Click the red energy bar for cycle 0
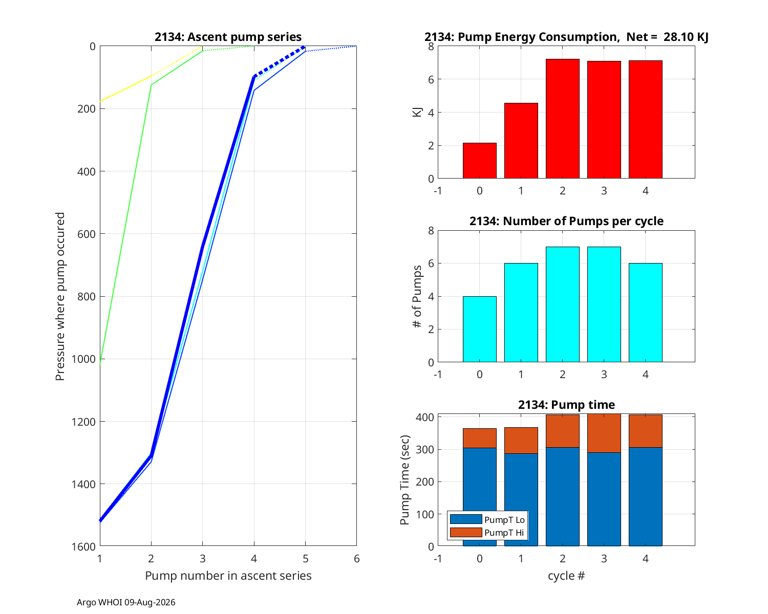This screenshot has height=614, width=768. pyautogui.click(x=479, y=161)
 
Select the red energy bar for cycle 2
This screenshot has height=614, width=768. pyautogui.click(x=562, y=119)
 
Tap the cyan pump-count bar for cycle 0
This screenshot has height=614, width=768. pyautogui.click(x=479, y=329)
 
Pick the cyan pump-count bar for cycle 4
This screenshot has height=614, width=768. pyautogui.click(x=645, y=313)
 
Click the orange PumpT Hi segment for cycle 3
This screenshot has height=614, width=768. pyautogui.click(x=604, y=433)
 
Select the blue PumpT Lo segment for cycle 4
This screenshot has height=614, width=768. pyautogui.click(x=645, y=496)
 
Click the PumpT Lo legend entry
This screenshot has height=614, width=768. pyautogui.click(x=487, y=519)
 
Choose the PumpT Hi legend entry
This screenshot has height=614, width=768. pyautogui.click(x=487, y=532)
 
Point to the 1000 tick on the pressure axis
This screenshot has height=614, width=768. pyautogui.click(x=83, y=359)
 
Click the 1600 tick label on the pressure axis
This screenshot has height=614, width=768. pyautogui.click(x=83, y=546)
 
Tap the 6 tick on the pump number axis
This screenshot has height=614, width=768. pyautogui.click(x=356, y=558)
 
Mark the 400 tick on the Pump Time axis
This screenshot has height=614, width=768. pyautogui.click(x=424, y=417)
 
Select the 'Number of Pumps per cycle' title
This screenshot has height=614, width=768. pyautogui.click(x=566, y=221)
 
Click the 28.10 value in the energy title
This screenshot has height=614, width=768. pyautogui.click(x=677, y=37)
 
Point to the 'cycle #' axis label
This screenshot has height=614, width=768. pyautogui.click(x=566, y=576)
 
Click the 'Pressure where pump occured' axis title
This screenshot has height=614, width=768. pyautogui.click(x=60, y=296)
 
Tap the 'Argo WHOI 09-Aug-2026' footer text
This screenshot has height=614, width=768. pyautogui.click(x=126, y=602)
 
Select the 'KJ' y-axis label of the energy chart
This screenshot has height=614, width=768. pyautogui.click(x=417, y=112)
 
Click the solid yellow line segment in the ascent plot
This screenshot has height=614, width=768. pyautogui.click(x=125, y=89)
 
